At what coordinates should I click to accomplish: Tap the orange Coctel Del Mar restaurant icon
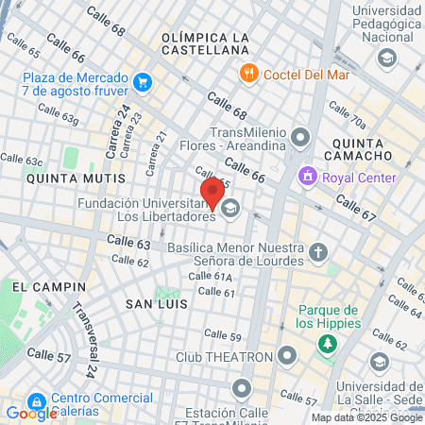click(249, 72)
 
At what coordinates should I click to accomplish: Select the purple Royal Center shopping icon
click(307, 176)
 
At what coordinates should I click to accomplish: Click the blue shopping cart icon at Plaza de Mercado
click(142, 82)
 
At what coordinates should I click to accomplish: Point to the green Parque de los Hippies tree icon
click(328, 344)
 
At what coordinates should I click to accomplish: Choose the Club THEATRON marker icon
click(287, 357)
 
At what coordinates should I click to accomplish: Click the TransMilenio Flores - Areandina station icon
click(301, 139)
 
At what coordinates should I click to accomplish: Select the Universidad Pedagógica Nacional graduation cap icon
click(385, 59)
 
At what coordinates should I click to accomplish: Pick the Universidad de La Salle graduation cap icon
click(379, 363)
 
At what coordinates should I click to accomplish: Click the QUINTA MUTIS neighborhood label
click(76, 177)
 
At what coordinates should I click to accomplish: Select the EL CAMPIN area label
click(49, 285)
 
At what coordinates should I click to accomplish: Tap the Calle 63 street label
click(129, 245)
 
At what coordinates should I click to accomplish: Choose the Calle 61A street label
click(210, 277)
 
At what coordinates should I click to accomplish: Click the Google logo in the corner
click(31, 413)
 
